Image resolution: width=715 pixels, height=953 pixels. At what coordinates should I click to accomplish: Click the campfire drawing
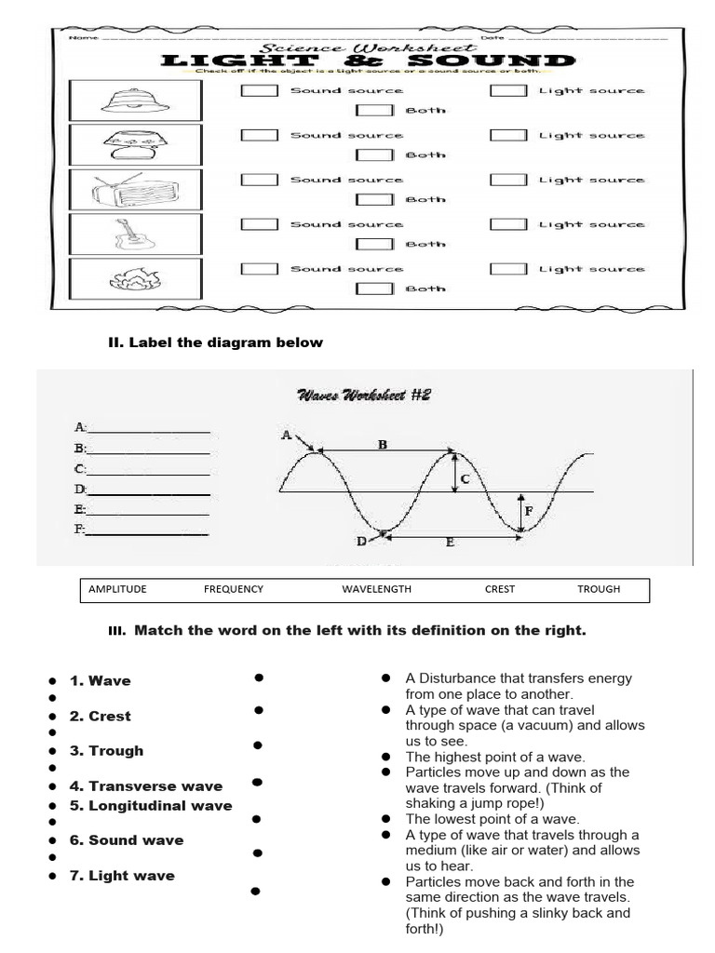136,277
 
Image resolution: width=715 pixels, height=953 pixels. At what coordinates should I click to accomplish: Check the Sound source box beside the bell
260,91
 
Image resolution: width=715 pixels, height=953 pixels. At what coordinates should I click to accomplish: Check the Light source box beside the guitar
508,224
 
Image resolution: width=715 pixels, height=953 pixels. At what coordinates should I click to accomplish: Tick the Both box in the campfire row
376,289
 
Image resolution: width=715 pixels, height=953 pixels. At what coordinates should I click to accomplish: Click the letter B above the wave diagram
382,445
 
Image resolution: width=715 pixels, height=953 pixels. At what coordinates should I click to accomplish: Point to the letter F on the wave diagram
529,511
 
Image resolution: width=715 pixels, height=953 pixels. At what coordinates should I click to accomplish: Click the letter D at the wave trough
361,541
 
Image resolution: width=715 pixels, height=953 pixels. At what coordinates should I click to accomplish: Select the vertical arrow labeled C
454,472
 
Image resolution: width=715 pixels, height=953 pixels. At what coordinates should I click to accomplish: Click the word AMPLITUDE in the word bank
117,589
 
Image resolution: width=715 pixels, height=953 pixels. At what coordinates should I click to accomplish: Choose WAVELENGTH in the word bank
376,589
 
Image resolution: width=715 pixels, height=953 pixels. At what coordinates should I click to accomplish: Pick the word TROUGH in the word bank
598,589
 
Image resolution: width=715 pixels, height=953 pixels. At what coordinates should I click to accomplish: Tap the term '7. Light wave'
131,875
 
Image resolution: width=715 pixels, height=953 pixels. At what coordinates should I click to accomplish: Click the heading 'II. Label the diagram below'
216,342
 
